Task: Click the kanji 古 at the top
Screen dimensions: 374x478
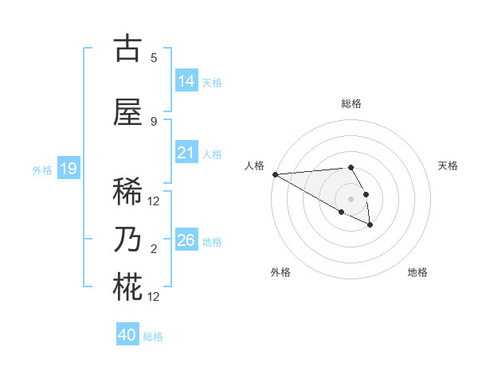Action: [x=127, y=49]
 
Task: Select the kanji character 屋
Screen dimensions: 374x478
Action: [x=127, y=112]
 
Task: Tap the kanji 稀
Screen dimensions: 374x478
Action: [x=127, y=192]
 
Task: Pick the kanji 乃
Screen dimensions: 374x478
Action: [x=127, y=240]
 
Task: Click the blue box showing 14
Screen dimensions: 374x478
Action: [x=186, y=80]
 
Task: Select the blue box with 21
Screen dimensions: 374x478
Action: [x=186, y=153]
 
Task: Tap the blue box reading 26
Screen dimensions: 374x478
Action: [x=186, y=240]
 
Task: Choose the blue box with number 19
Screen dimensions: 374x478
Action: [x=68, y=169]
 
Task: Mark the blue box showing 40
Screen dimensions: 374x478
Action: [x=127, y=335]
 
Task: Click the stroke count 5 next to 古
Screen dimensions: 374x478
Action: [x=154, y=57]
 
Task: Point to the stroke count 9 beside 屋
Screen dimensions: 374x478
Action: [x=154, y=121]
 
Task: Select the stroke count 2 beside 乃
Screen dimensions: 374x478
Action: [x=154, y=249]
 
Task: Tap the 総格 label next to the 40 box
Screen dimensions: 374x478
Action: [x=153, y=337]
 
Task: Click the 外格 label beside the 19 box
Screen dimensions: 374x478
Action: [x=42, y=169]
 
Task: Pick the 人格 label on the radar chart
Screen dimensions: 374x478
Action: [x=254, y=166]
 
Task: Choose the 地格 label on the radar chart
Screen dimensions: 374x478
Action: [x=417, y=272]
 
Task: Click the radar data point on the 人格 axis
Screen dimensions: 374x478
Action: [x=275, y=174]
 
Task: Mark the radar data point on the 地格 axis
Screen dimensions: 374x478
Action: [x=370, y=226]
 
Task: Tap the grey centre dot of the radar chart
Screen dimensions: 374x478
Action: [x=351, y=198]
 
